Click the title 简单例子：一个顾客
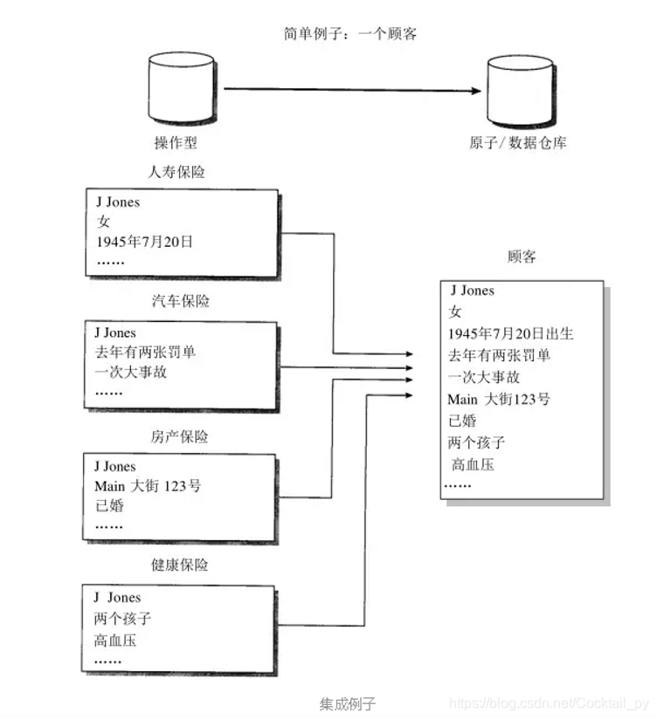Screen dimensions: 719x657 tap(349, 34)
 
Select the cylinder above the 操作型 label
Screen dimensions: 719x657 tap(181, 88)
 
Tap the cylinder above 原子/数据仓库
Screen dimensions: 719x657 tap(520, 91)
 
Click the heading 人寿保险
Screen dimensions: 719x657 tap(177, 172)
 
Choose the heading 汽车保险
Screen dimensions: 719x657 tap(180, 301)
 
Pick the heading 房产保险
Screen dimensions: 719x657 tap(180, 435)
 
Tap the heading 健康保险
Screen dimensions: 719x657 tap(180, 565)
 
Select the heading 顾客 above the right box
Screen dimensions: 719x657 tap(522, 257)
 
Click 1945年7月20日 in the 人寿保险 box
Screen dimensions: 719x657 tap(144, 242)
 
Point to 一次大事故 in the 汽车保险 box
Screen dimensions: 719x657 tap(130, 372)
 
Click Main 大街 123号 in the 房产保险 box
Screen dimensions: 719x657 tap(147, 486)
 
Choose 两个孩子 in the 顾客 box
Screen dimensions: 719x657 tap(476, 442)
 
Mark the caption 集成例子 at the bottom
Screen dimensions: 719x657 tap(347, 703)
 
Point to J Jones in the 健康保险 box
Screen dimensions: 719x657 tap(117, 598)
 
